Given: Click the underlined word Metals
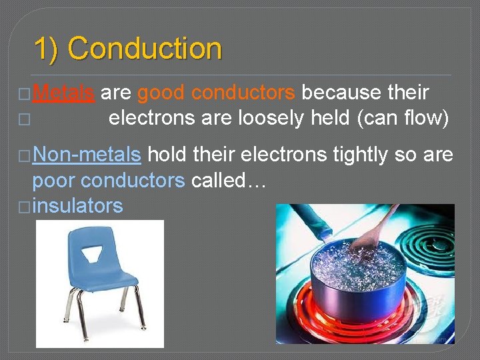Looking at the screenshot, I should [63, 93].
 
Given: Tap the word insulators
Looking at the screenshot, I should [77, 206].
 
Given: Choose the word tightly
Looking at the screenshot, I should [357, 155].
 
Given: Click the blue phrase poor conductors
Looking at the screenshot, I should [109, 181].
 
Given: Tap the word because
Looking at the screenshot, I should [341, 93].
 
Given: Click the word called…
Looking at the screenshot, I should [229, 181].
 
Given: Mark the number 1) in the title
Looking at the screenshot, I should [48, 49].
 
